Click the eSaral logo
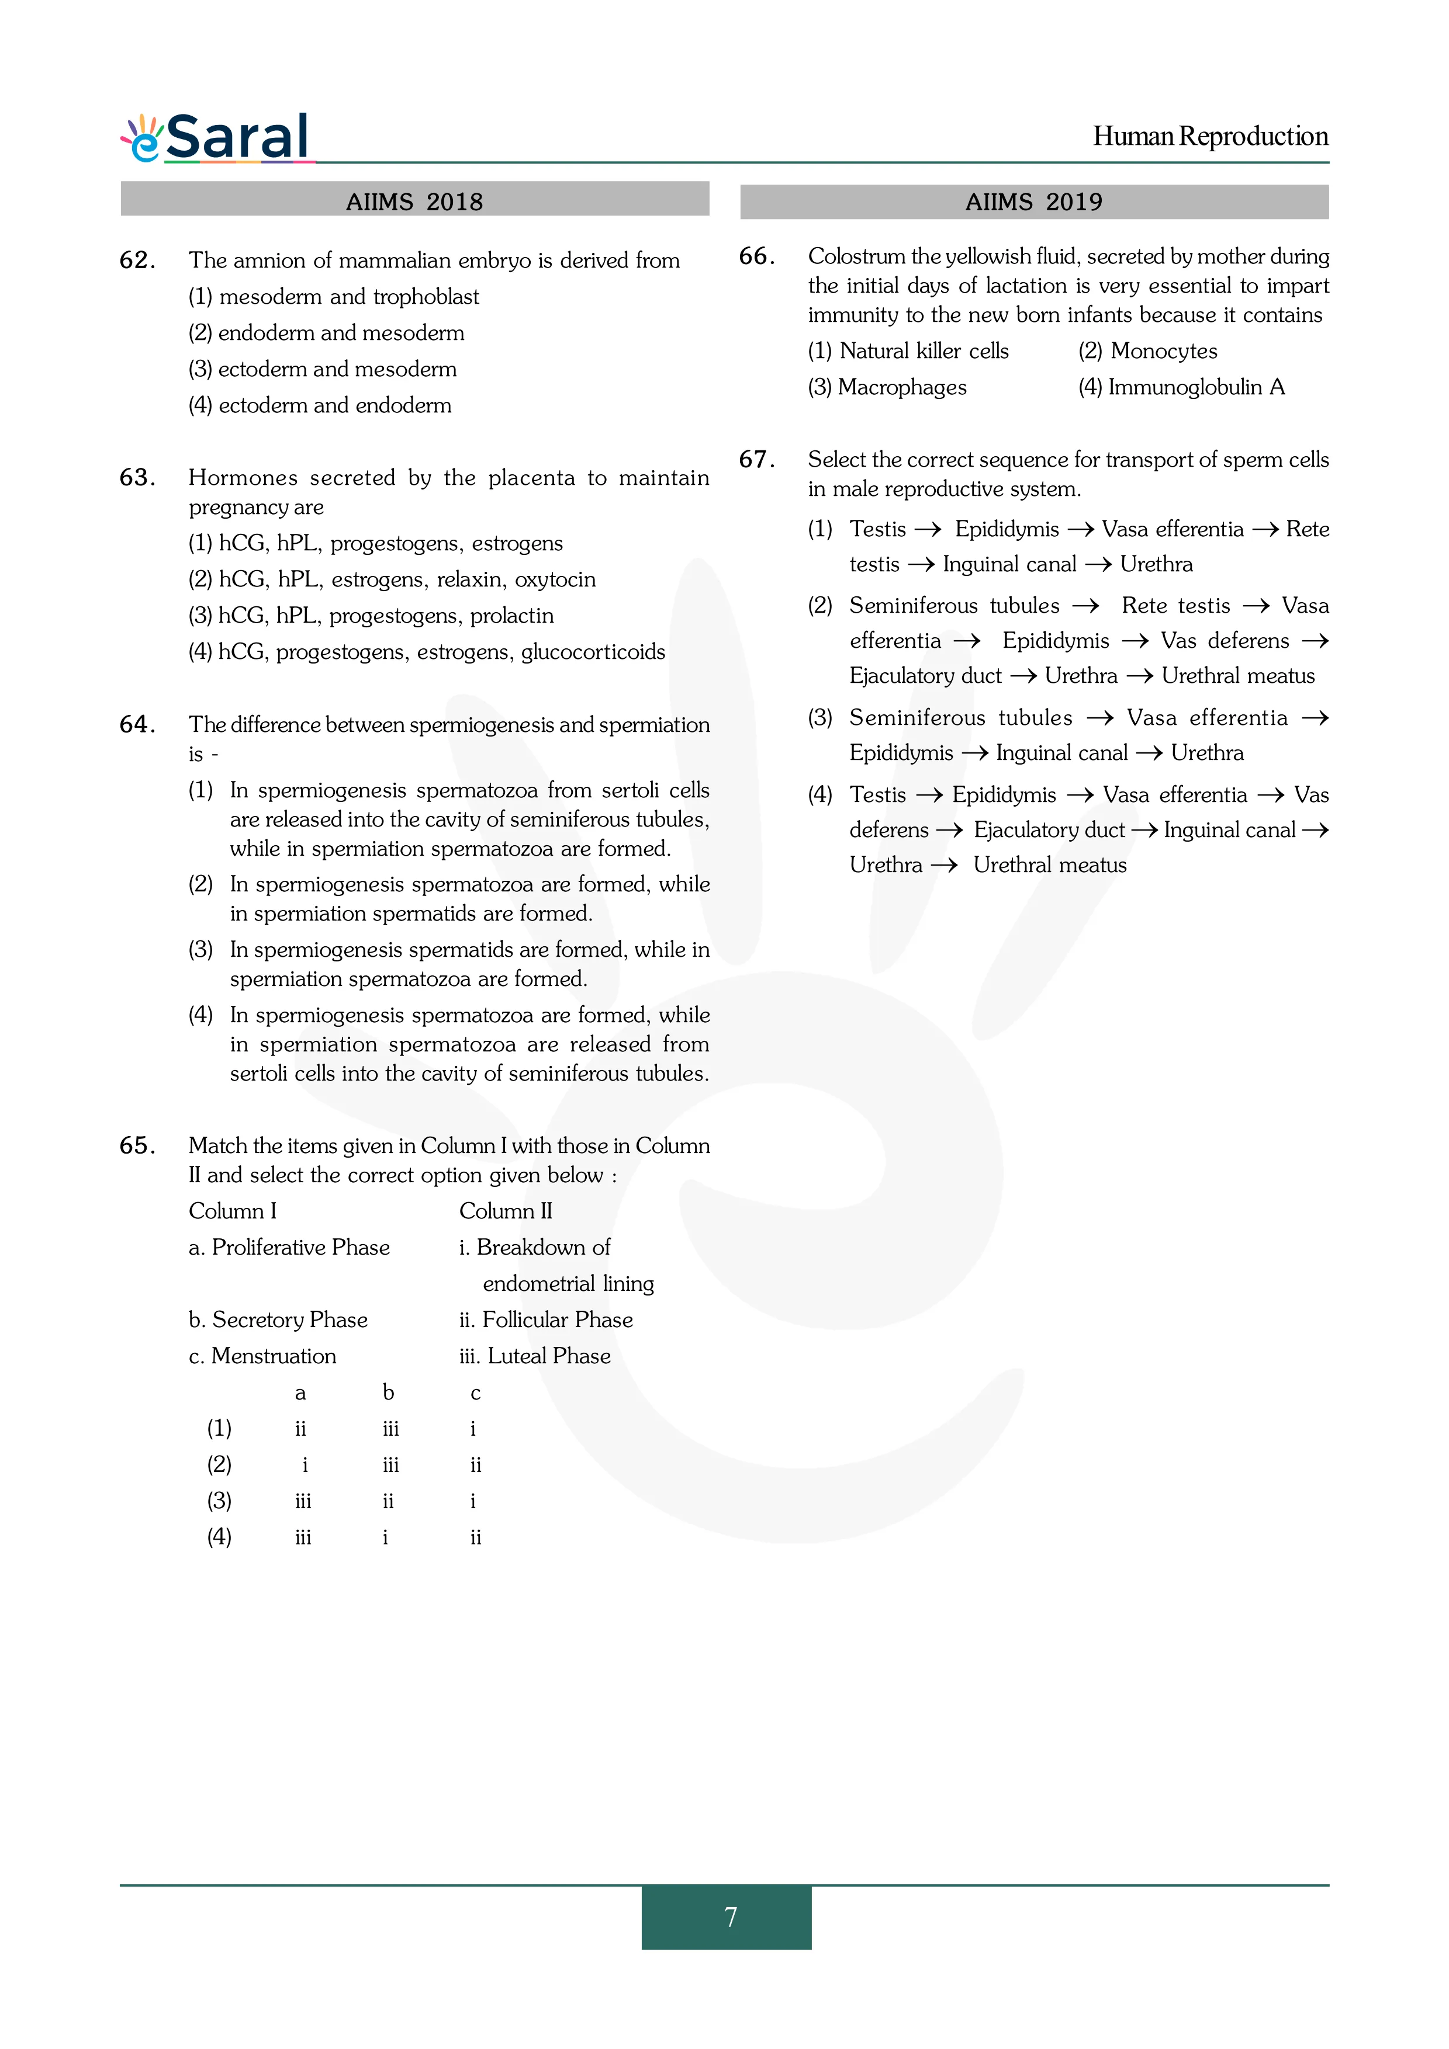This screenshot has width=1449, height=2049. click(216, 138)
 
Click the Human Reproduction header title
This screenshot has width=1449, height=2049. click(1210, 137)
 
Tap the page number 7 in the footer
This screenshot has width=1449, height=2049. click(730, 1917)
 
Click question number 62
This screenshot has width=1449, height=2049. click(137, 261)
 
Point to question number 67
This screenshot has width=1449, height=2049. click(756, 460)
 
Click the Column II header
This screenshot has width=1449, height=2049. click(506, 1211)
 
